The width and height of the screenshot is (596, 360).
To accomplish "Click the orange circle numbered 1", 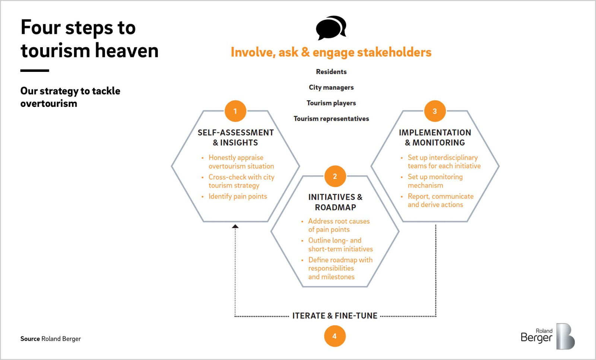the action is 235,111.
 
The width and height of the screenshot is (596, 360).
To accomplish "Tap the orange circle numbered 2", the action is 335,176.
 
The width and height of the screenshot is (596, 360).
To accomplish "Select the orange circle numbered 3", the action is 435,111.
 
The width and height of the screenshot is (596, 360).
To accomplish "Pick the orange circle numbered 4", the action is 335,336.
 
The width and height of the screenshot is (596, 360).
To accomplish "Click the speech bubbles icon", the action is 331,28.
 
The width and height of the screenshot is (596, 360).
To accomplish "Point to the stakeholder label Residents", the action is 331,72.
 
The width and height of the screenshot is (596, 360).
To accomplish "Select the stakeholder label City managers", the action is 331,87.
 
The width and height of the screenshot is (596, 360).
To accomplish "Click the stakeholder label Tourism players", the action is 331,103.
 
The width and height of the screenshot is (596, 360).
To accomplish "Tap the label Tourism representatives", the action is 331,119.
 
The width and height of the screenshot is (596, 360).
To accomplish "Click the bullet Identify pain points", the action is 238,196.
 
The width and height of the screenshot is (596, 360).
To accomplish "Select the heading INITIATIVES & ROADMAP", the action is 335,202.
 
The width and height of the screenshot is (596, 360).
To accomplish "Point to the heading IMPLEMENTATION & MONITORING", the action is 435,137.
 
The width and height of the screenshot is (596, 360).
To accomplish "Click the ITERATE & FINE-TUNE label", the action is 335,316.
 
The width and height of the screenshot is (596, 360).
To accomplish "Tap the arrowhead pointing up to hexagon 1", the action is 235,226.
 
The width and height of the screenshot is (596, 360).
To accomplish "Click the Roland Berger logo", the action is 548,336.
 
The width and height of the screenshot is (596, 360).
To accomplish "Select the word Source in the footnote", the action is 30,339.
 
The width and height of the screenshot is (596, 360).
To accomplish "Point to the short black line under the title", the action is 35,70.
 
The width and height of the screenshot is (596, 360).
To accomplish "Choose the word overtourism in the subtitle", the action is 49,103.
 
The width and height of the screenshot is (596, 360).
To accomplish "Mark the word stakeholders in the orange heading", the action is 394,52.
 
